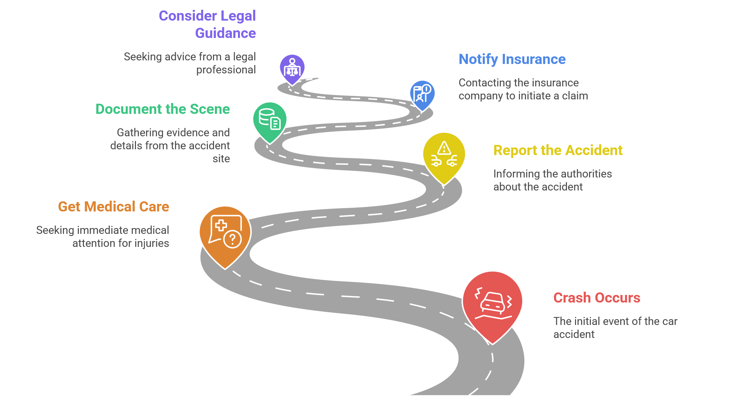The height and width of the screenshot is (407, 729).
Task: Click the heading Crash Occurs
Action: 597,298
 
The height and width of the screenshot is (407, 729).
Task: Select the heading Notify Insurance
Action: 512,59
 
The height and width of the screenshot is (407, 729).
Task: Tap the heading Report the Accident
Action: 558,150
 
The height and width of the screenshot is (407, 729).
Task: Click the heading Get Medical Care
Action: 114,207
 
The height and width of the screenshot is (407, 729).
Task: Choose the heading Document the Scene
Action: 162,109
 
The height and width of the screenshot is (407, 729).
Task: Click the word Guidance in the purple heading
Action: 225,33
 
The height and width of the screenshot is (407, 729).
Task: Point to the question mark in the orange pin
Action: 233,239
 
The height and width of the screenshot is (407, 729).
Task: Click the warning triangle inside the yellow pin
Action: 444,148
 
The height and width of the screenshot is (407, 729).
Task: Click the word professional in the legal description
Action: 226,70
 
